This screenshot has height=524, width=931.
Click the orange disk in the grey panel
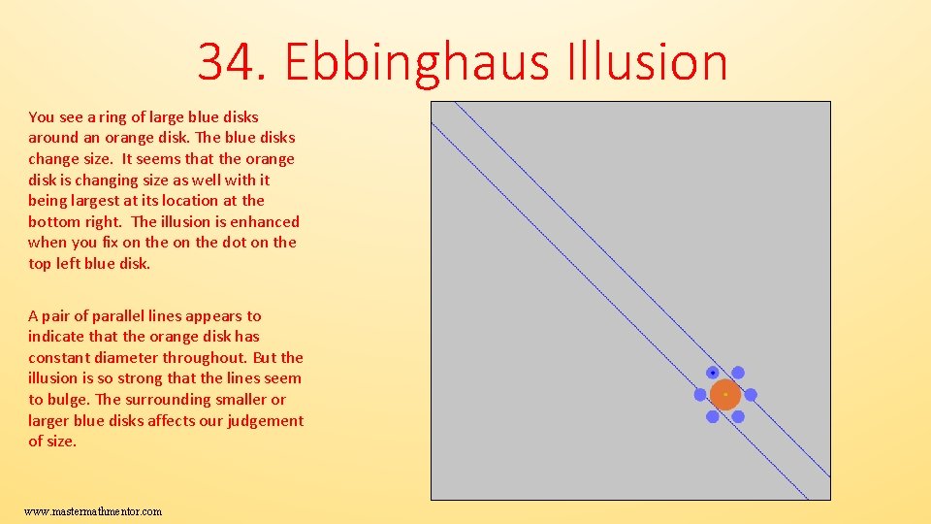pyautogui.click(x=725, y=395)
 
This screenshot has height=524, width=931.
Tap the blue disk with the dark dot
pyautogui.click(x=713, y=373)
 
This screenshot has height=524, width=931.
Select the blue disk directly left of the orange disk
pyautogui.click(x=700, y=395)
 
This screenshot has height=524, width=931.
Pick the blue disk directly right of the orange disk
pyautogui.click(x=751, y=395)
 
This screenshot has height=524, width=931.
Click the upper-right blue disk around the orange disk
pyautogui.click(x=738, y=373)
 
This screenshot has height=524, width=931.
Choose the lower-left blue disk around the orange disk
pyautogui.click(x=713, y=417)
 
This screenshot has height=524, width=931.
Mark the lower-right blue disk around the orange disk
pyautogui.click(x=738, y=417)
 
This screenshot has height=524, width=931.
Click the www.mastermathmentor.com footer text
pyautogui.click(x=93, y=511)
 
